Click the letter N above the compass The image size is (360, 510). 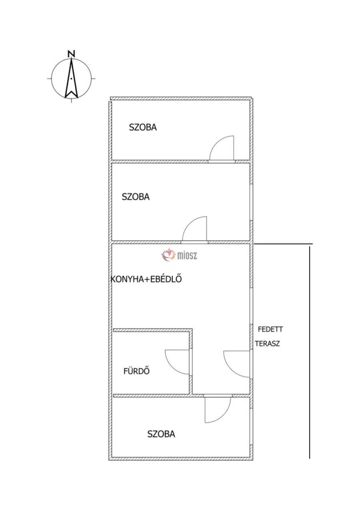click(72, 54)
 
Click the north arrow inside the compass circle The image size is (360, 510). click(72, 78)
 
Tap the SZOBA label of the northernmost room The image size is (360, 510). click(143, 127)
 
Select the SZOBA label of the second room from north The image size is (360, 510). click(136, 197)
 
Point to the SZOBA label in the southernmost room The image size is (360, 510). click(161, 434)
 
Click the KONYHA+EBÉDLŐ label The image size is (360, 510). click(146, 279)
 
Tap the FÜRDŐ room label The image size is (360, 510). click(136, 371)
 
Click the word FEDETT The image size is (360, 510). click(270, 329)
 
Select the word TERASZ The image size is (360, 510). click(267, 343)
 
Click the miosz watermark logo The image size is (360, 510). click(179, 255)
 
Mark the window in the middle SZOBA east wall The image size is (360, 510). click(251, 202)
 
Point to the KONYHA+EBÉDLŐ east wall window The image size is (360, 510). click(251, 306)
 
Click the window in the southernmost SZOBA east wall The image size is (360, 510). click(251, 427)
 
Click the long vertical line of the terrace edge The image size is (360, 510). click(310, 352)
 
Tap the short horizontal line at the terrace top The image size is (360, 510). click(283, 244)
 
